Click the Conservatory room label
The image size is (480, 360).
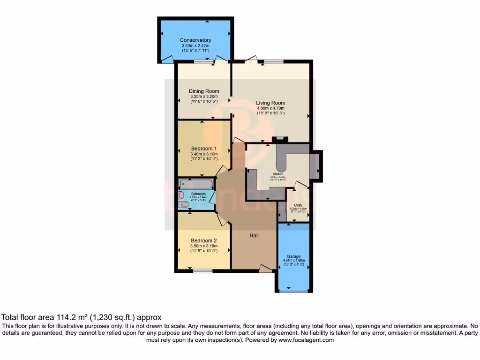click(195, 40)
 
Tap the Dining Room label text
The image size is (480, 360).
click(204, 91)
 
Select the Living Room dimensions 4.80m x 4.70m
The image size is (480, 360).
click(270, 108)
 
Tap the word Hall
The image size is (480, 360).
click(254, 235)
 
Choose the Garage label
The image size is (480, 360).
click(294, 256)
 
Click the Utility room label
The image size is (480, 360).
click(298, 205)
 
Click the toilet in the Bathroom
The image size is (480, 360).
click(184, 204)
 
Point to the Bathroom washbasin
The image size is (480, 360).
click(181, 195)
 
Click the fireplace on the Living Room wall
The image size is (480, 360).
click(280, 139)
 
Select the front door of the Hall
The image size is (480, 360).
click(265, 269)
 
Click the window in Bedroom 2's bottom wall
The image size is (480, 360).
click(202, 270)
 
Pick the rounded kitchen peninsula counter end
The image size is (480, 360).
click(281, 167)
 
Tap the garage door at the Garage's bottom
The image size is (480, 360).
click(293, 292)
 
